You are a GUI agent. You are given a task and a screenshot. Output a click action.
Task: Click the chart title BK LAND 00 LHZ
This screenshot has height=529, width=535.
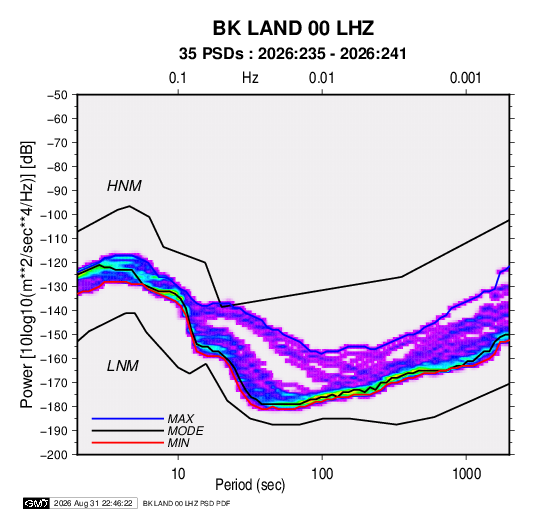point(293,28)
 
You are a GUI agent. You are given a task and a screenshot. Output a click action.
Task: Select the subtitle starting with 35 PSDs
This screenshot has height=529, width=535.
point(293,54)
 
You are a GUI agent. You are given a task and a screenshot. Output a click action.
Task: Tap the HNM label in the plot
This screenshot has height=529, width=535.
point(124,186)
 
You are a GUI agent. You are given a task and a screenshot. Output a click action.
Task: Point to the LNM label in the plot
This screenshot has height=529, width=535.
point(123,366)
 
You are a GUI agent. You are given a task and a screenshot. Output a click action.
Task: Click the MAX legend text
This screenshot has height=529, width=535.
point(181,419)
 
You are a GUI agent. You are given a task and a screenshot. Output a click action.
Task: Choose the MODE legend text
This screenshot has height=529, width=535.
point(186,431)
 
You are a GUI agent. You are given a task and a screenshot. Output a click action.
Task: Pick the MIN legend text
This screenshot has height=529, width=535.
point(178,443)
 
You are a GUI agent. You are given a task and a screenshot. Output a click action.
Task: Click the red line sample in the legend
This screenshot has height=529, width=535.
point(128,443)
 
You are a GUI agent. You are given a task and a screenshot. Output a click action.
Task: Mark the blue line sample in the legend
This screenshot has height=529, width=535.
point(128,419)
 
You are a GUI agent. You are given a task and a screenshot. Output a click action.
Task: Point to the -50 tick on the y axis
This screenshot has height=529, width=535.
point(57,95)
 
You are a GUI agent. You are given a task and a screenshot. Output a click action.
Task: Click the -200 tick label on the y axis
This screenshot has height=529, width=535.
point(54,455)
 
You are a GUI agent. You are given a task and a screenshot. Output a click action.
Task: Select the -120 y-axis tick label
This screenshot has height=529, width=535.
point(54,263)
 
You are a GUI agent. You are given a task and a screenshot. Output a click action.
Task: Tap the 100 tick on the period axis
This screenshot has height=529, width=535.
point(322,474)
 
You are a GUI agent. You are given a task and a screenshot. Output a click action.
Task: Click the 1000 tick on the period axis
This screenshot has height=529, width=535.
point(466,474)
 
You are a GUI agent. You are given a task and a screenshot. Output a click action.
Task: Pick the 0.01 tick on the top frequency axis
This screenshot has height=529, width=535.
point(321,78)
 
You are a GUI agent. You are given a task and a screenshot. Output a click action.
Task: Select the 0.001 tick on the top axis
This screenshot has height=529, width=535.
point(465,78)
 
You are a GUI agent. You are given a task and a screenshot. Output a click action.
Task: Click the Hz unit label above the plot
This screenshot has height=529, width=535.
point(250,78)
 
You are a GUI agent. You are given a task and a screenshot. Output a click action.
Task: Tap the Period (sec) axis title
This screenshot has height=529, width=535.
point(250,485)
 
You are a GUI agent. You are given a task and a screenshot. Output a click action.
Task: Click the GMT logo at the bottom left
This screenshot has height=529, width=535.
point(37,503)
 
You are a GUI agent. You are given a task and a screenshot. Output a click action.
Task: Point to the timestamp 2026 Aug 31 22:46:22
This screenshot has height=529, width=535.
point(93,503)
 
